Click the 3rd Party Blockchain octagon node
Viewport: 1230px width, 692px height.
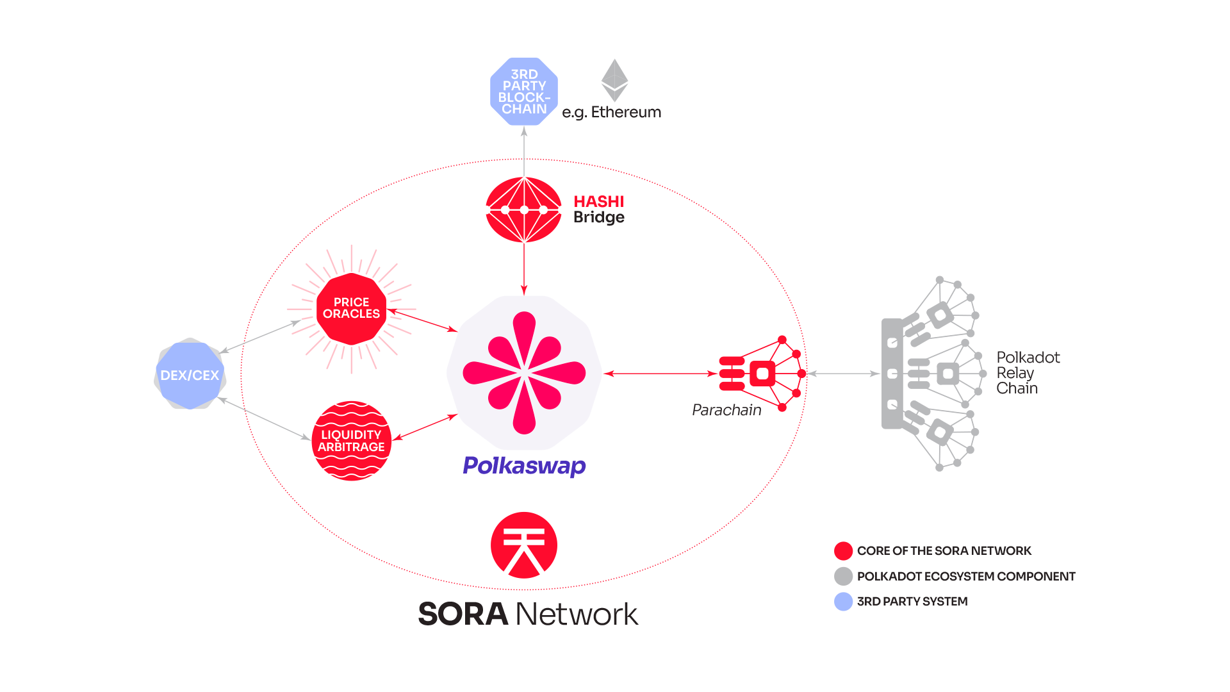coord(524,92)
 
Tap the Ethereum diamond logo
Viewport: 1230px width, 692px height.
coord(614,80)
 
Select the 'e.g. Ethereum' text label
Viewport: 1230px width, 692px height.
coord(612,113)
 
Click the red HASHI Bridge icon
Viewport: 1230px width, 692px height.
coord(524,210)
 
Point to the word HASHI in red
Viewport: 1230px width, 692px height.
coord(599,201)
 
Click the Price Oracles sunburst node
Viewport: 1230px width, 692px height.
coord(351,308)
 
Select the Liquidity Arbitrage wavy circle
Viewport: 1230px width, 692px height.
coord(351,441)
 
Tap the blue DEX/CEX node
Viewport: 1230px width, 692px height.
coord(190,375)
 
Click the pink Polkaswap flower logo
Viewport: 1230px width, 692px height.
coord(524,372)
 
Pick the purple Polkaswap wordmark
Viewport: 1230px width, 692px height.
coord(524,466)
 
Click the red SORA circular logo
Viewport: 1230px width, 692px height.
coord(524,545)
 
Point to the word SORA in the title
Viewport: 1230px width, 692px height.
coord(463,614)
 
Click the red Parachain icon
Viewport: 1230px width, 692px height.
coord(762,374)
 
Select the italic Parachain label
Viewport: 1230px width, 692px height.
coord(726,410)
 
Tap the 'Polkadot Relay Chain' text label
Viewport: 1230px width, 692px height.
coord(1028,373)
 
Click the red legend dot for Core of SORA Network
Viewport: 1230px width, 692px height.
coord(843,551)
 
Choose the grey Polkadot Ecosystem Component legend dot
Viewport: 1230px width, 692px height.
coord(843,576)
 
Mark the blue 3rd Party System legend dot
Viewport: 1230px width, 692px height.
coord(843,602)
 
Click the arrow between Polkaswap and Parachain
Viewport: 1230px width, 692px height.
coord(660,374)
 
